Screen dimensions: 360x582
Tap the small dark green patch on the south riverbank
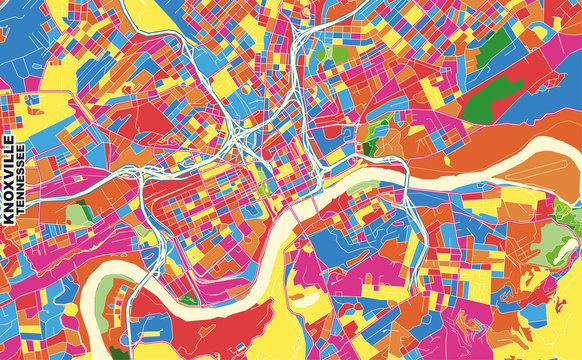[x=188, y=297]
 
